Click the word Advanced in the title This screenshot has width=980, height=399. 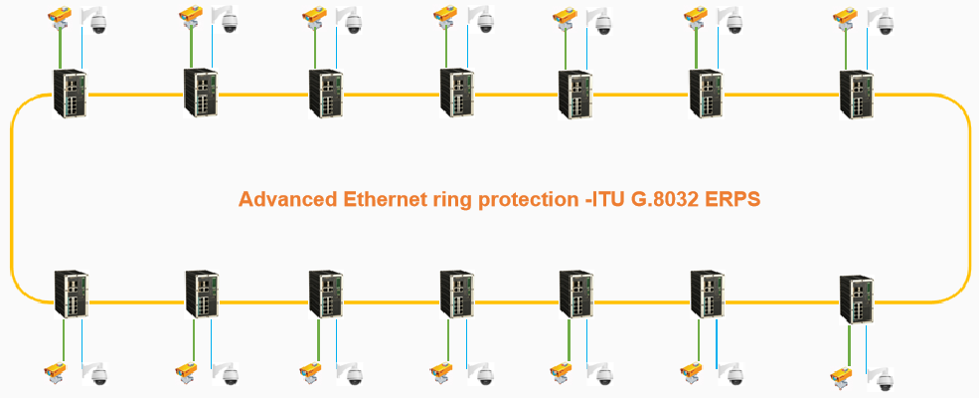click(287, 199)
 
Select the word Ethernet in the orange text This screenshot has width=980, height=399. click(383, 199)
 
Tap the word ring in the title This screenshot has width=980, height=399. click(453, 199)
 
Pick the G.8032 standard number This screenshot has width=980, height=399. click(669, 199)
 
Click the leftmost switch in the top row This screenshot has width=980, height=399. click(71, 94)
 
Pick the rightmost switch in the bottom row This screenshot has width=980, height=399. click(857, 299)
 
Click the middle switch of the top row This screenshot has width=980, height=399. click(457, 96)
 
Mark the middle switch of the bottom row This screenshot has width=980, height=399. click(457, 297)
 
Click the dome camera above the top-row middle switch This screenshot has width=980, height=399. click(484, 22)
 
